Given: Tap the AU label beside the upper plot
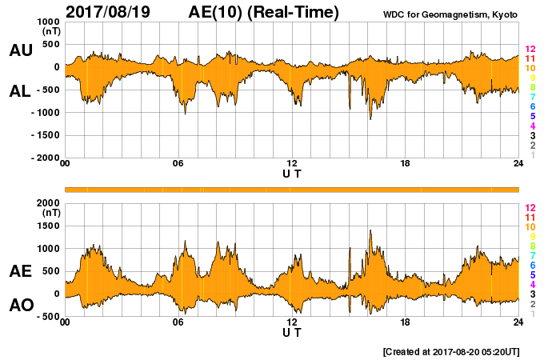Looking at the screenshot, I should tap(20, 50).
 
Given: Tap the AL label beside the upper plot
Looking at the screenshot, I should tap(20, 91).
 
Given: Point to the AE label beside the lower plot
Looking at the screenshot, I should tap(20, 271).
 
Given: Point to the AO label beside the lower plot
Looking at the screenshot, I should tap(20, 305).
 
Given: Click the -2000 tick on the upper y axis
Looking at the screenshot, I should tap(45, 158).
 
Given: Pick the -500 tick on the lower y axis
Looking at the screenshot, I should tap(47, 317).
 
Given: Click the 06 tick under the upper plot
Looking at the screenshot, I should tap(178, 164).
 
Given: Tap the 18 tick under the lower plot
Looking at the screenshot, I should tap(406, 322).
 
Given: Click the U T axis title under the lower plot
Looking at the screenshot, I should tap(291, 332).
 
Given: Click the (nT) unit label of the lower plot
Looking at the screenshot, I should tap(50, 213).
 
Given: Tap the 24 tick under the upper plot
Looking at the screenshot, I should tap(518, 164).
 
